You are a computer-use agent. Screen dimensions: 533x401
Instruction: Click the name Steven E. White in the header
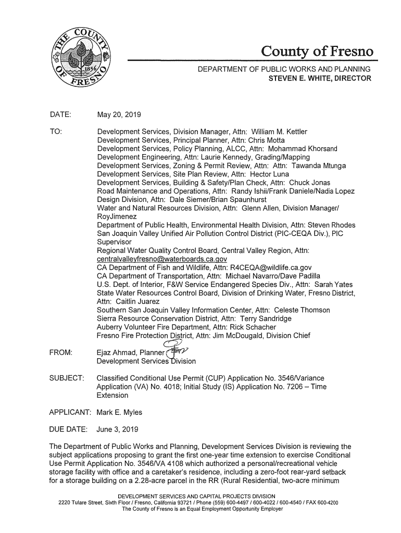pos(297,79)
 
